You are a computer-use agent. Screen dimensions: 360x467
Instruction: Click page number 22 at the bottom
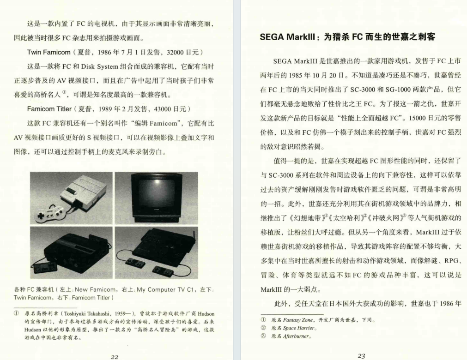click(115, 356)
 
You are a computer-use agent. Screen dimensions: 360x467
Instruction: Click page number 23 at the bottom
click(361, 356)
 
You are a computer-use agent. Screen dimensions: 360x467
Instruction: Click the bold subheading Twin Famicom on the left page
click(48, 52)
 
